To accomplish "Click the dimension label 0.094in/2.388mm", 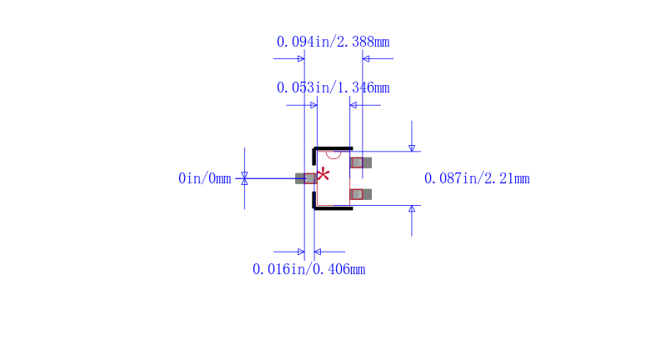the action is click(x=333, y=42).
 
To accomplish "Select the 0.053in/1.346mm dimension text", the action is click(x=333, y=87).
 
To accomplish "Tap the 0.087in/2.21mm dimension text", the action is click(x=477, y=178).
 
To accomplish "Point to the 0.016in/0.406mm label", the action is click(x=308, y=269).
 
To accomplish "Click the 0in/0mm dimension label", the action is click(x=204, y=178).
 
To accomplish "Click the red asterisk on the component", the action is click(x=323, y=174).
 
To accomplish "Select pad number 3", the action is click(x=361, y=162).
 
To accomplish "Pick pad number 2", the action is click(x=361, y=194).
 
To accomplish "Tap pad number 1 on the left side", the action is click(x=306, y=178).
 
